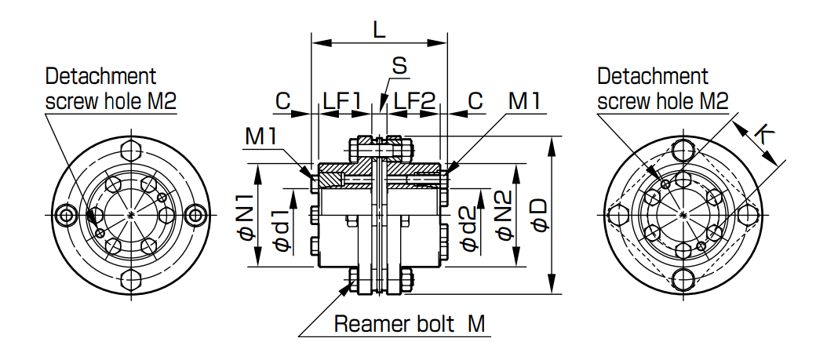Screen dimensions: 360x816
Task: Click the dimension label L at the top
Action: pyautogui.click(x=380, y=30)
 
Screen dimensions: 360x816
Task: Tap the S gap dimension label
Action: pyautogui.click(x=399, y=66)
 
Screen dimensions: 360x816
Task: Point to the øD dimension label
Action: pyautogui.click(x=539, y=214)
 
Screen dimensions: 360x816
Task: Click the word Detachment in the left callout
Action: pyautogui.click(x=101, y=76)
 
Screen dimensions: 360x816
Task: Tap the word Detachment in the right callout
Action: pyautogui.click(x=653, y=76)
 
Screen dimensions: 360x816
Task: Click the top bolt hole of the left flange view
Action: pyautogui.click(x=132, y=149)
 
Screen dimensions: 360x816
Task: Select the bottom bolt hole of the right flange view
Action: pyautogui.click(x=683, y=280)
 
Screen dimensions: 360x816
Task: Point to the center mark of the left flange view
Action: pyautogui.click(x=132, y=214)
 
